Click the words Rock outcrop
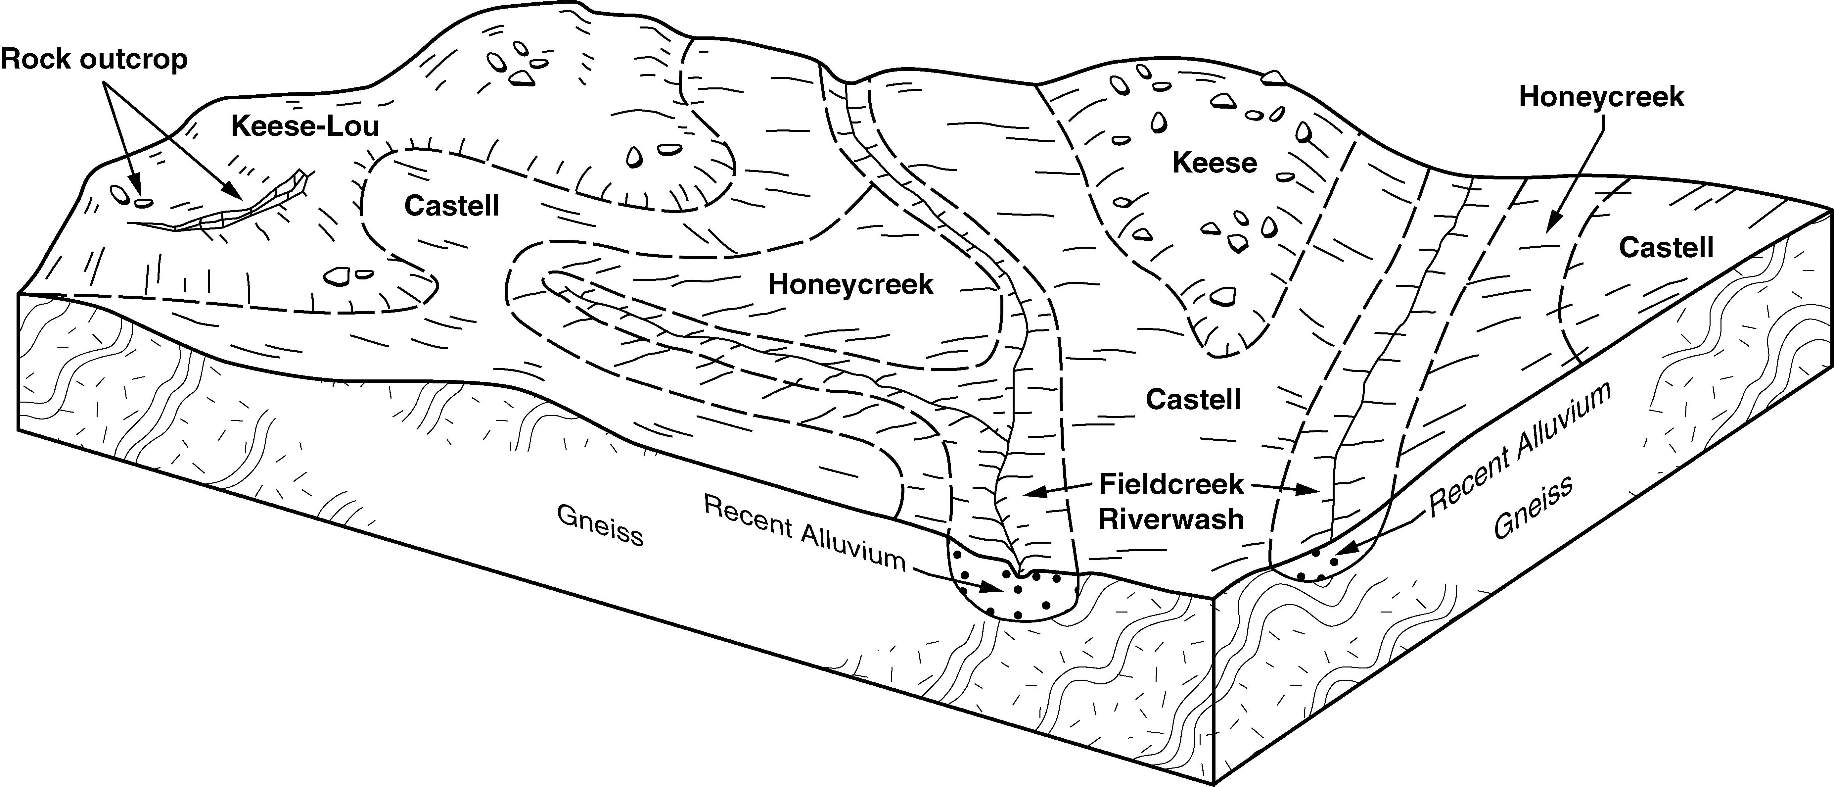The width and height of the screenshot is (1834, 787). click(x=94, y=59)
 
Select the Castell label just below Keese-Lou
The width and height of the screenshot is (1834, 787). click(x=451, y=206)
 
